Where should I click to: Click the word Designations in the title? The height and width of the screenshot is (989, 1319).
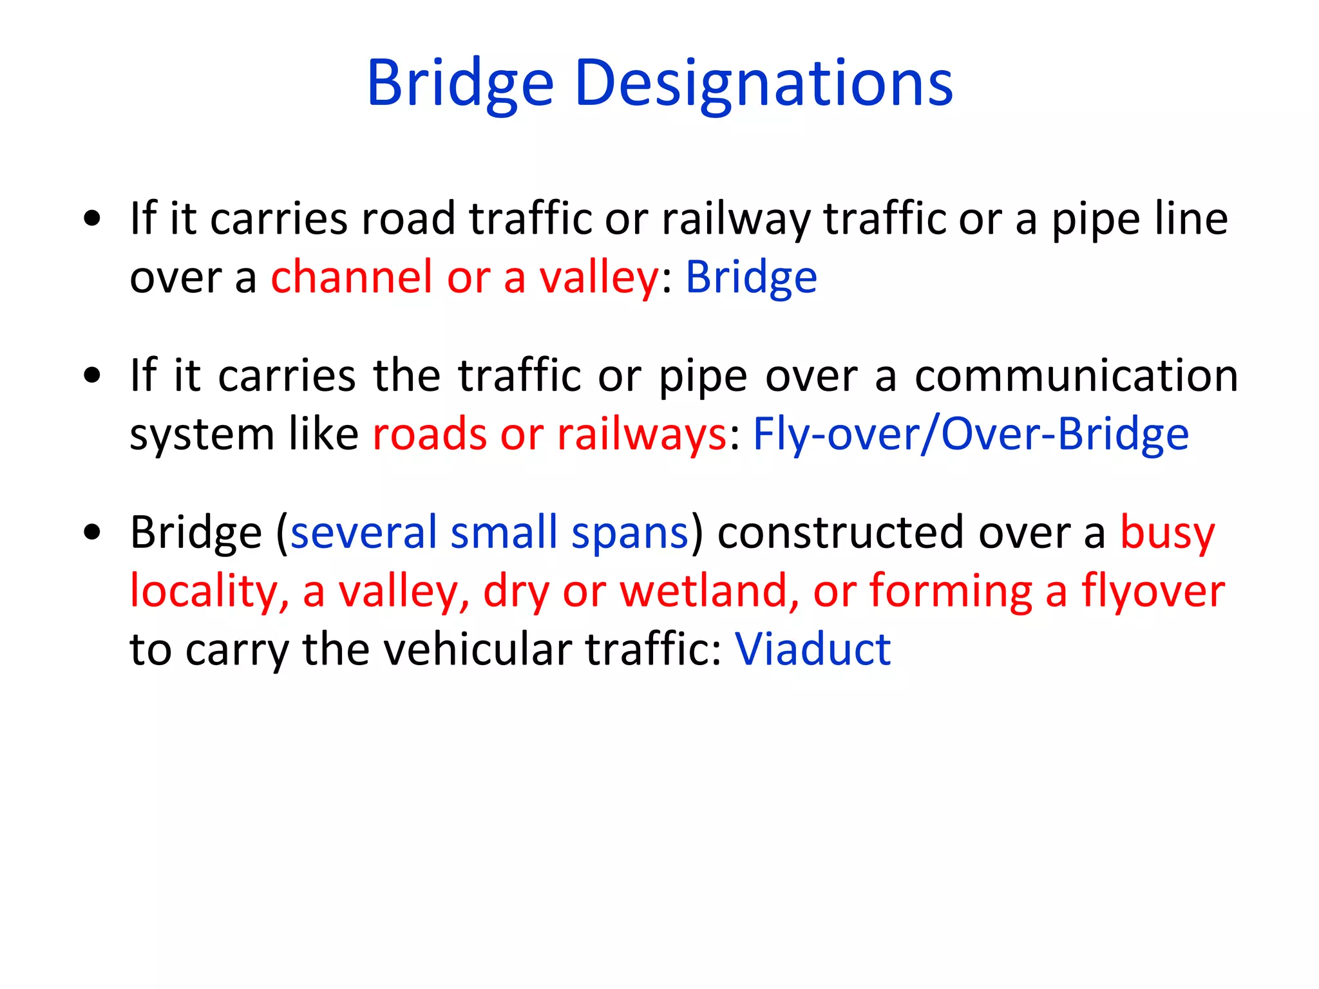click(763, 84)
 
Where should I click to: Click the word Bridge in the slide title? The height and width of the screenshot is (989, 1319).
click(460, 84)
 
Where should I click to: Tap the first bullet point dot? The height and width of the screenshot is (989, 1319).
click(93, 218)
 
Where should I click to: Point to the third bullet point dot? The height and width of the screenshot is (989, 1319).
click(93, 532)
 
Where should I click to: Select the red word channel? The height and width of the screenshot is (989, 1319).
click(351, 278)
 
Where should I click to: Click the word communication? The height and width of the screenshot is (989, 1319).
click(1076, 375)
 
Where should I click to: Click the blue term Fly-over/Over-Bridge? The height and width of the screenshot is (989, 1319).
click(971, 434)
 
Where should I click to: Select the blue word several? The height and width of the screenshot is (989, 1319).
click(363, 532)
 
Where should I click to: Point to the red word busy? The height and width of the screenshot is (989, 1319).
click(1167, 534)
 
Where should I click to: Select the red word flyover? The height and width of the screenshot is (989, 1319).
click(1153, 592)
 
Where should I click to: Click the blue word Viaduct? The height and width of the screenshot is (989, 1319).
click(813, 649)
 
